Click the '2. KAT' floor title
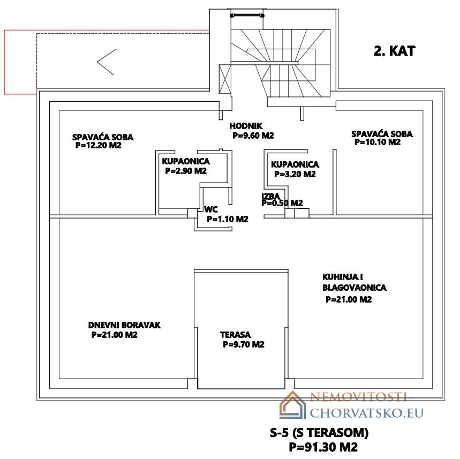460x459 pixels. coord(394,51)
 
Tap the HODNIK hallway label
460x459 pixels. coord(246,126)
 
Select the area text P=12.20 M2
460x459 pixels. coord(99,145)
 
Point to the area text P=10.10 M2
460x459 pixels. coord(378,142)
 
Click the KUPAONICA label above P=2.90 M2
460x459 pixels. coord(186,161)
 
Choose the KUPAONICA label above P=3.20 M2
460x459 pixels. coord(295,164)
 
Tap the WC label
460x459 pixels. coord(211,209)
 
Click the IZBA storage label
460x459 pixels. coord(271,195)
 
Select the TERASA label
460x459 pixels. coord(235,335)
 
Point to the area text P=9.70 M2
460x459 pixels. coord(244,344)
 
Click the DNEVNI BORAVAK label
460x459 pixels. coord(124,325)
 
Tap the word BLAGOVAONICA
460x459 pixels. coord(355,288)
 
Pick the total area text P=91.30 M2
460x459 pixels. coord(323,447)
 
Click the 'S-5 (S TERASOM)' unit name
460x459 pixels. coord(319,433)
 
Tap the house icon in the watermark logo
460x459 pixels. coord(293,405)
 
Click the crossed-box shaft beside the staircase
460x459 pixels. coord(225,79)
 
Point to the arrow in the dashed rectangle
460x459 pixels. coord(107,62)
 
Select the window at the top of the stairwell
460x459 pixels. coord(247,15)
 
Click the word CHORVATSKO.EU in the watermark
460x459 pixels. coord(367,413)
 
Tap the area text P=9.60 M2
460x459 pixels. coord(253,136)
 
